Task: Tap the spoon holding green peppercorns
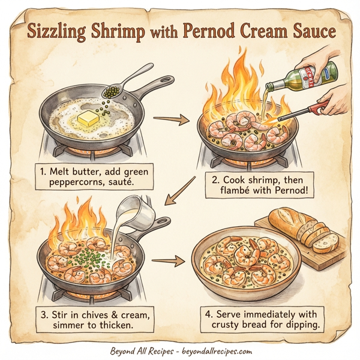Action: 110,91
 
